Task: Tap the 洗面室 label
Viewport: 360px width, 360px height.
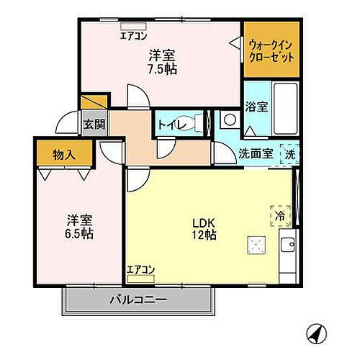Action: [254, 153]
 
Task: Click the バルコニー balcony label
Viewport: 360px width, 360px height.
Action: [138, 299]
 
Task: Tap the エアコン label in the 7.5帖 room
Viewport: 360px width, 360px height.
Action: [134, 35]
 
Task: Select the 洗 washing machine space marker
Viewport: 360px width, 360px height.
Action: [289, 153]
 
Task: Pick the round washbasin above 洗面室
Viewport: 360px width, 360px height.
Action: [230, 119]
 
